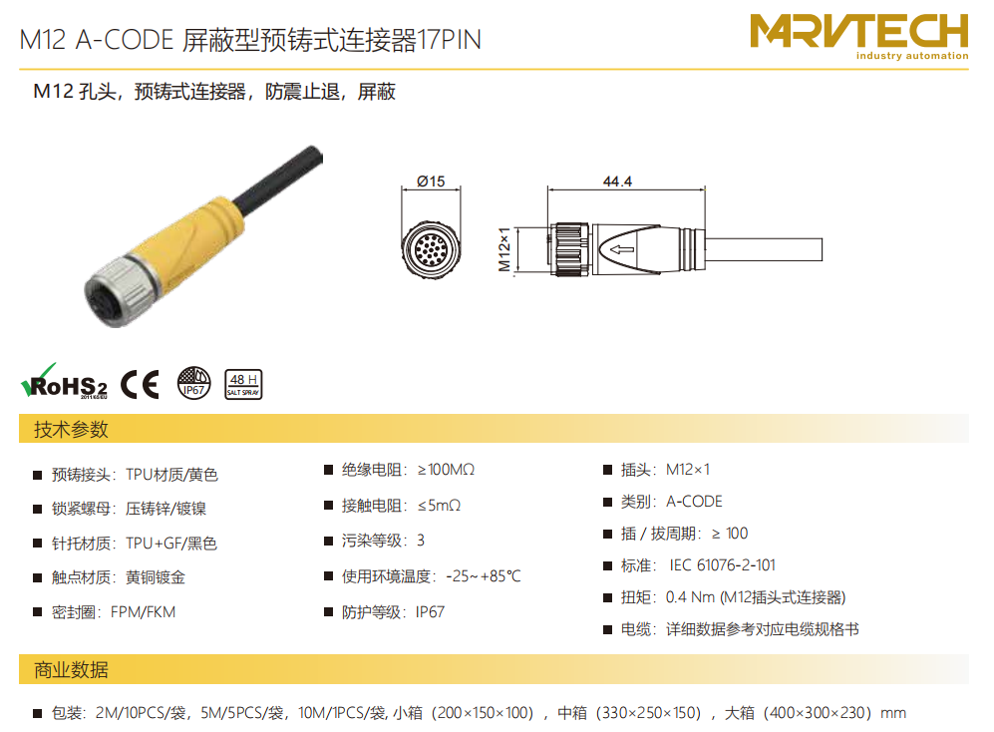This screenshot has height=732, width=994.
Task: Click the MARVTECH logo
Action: click(x=859, y=36)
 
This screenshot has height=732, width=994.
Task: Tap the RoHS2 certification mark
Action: click(x=64, y=381)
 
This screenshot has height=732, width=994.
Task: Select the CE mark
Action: click(x=140, y=384)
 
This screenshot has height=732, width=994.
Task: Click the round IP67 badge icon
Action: click(x=193, y=383)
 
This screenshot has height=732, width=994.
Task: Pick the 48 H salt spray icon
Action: click(x=243, y=384)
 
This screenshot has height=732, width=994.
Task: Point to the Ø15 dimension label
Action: click(x=431, y=182)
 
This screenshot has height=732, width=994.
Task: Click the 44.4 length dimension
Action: click(x=617, y=182)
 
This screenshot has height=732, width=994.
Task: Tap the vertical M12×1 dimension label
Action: click(x=504, y=249)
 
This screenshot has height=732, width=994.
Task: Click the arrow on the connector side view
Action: click(x=622, y=249)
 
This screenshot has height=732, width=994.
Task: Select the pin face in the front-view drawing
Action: click(x=431, y=249)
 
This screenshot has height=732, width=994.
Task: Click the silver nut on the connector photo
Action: click(x=120, y=291)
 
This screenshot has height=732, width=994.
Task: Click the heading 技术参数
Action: click(x=71, y=430)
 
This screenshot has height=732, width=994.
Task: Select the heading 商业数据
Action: click(x=71, y=670)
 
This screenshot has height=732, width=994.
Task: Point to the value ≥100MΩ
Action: click(x=446, y=470)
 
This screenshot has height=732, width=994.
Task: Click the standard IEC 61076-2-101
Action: click(x=722, y=565)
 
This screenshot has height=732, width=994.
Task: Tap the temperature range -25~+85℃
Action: click(x=484, y=576)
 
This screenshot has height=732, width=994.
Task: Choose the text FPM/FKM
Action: click(x=143, y=612)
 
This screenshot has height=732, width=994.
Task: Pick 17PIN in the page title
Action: click(x=449, y=39)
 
